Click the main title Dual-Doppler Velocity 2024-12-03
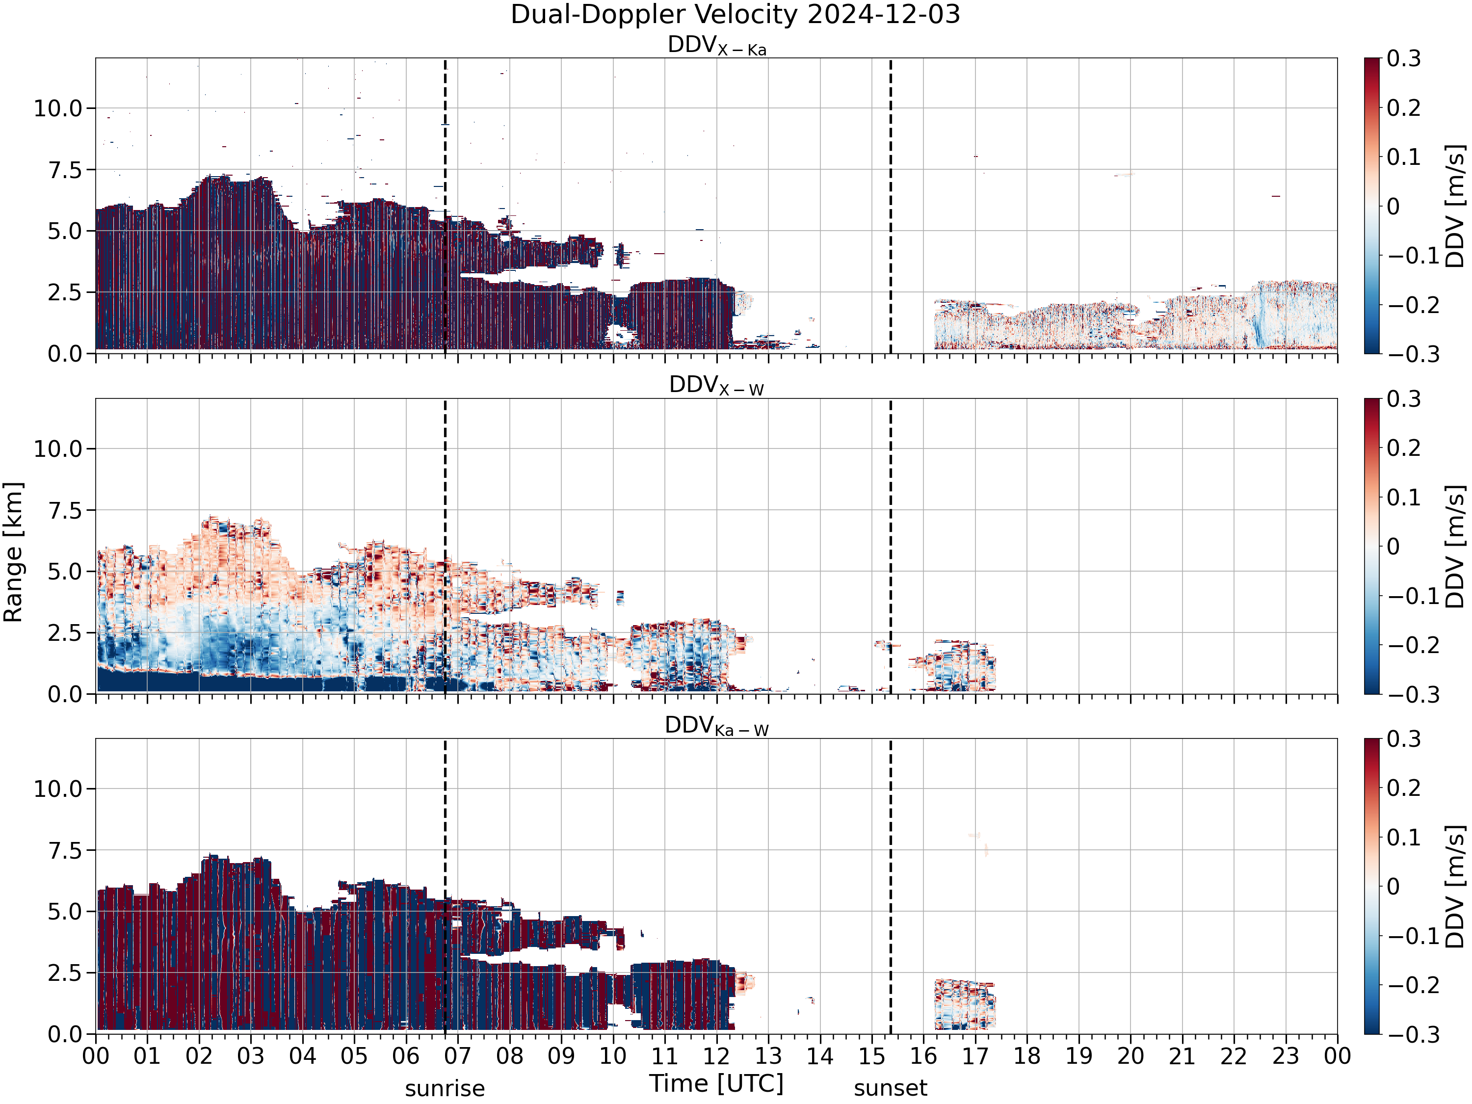pos(736,15)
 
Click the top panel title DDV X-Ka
pos(717,46)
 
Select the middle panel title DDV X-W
pos(717,386)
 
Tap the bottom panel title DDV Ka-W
pos(717,726)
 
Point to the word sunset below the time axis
pos(891,1088)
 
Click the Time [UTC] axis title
pos(717,1083)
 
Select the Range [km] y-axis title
pos(13,552)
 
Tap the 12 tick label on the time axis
pos(717,1056)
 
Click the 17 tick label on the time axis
pos(975,1056)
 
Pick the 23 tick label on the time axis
pos(1286,1056)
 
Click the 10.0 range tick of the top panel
pos(58,108)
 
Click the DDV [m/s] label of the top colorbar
pos(1455,206)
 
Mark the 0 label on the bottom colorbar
pos(1393,887)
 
